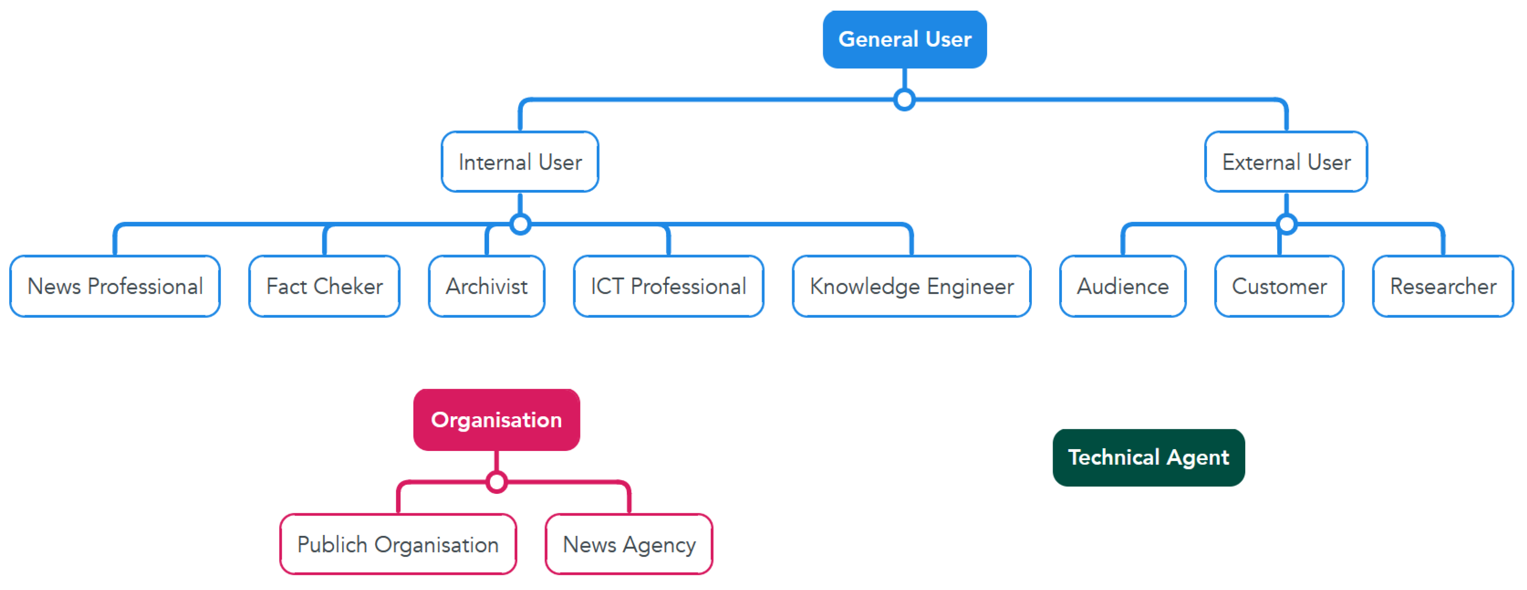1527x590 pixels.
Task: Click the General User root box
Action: (x=904, y=39)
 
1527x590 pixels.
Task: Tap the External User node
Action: (x=1286, y=162)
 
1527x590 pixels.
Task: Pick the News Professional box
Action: (x=115, y=286)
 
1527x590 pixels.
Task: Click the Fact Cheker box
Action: (x=324, y=286)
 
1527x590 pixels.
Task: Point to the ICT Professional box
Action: (x=668, y=286)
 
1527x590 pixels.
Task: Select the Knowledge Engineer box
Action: (x=911, y=286)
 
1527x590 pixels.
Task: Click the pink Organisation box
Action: (x=496, y=420)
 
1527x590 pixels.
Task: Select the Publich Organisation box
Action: (x=398, y=544)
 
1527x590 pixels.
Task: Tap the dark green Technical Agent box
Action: (x=1148, y=457)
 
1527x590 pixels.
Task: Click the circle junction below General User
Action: (x=904, y=100)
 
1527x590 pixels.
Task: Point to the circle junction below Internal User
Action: (x=520, y=224)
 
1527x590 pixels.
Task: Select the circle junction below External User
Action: (x=1286, y=224)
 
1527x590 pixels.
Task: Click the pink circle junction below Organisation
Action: (x=496, y=482)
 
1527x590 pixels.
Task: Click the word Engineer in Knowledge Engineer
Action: (x=970, y=286)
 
